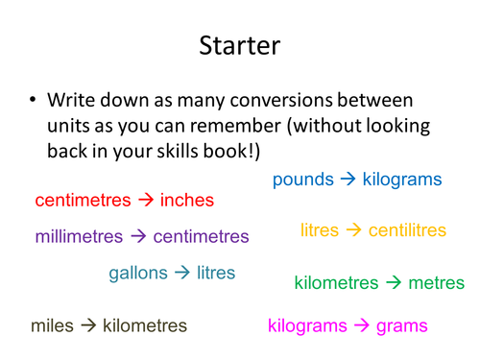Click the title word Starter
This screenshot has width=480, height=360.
click(240, 45)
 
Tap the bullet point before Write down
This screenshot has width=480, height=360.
click(35, 100)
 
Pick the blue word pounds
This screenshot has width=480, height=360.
click(303, 180)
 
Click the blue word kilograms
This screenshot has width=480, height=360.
click(402, 180)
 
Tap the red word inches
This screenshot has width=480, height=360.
click(186, 201)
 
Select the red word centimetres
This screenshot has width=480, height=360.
click(82, 201)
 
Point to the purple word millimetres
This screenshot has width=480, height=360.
click(80, 236)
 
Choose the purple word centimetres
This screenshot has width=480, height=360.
click(201, 236)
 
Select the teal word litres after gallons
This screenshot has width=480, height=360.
click(216, 273)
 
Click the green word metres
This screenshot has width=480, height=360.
click(437, 283)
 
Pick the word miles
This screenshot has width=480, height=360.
click(52, 326)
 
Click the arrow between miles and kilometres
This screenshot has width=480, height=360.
click(88, 326)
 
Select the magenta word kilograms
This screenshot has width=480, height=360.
click(307, 326)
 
